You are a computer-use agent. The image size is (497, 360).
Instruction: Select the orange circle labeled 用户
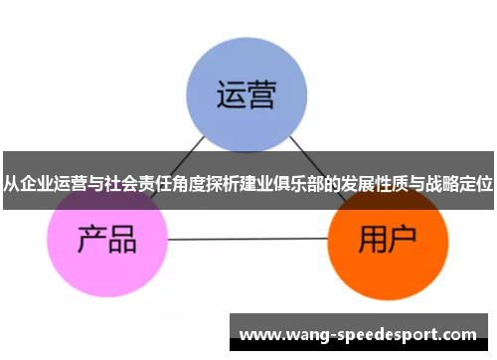pos(388,239)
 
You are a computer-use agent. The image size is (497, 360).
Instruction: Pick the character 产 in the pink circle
pos(92,241)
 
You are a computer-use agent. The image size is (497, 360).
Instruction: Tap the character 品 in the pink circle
pos(122,241)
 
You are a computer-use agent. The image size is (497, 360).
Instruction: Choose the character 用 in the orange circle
pos(372,239)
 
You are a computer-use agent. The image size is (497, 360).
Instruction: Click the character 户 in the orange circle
pos(403,239)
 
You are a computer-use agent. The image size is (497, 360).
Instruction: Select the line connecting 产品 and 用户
pos(248,240)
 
